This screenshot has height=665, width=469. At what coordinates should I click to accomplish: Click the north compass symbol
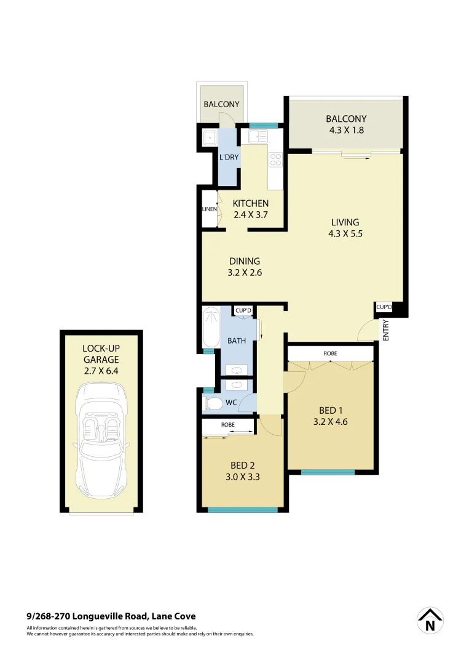tap(430, 621)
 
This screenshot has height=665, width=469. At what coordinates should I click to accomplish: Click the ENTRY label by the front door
tap(386, 331)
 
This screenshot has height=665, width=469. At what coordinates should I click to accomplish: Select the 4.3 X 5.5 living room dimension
tap(345, 234)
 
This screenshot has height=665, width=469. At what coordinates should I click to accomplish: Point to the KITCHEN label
tap(251, 203)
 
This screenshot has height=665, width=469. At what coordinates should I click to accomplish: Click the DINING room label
tap(244, 260)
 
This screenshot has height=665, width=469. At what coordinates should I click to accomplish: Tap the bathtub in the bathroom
tap(211, 328)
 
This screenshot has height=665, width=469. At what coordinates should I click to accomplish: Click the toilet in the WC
tap(213, 404)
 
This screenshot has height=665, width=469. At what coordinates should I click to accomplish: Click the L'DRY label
tap(229, 158)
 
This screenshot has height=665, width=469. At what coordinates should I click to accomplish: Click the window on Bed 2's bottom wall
tap(243, 509)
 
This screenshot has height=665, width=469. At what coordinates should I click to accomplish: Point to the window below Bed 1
tap(328, 472)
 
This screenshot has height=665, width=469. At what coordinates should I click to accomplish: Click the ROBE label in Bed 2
tap(228, 425)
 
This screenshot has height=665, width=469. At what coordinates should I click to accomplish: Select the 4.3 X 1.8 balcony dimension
tap(346, 131)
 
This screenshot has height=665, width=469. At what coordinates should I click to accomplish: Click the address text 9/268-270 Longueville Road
tap(111, 616)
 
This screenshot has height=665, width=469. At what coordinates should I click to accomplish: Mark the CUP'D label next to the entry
tap(384, 306)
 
